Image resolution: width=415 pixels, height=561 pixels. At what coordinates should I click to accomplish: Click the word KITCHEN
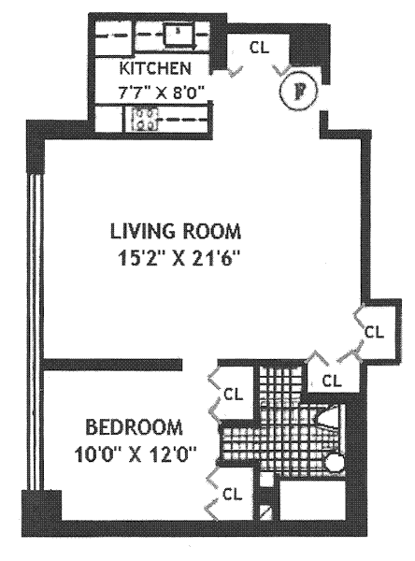coord(155,68)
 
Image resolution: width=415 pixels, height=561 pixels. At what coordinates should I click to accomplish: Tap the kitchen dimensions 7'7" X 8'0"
coord(161,94)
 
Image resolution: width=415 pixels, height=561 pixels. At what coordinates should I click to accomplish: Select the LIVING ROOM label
coord(176,231)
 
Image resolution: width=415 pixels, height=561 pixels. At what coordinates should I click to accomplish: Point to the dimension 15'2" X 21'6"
coord(178,258)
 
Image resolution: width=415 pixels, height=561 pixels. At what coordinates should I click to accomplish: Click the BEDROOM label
coord(135,427)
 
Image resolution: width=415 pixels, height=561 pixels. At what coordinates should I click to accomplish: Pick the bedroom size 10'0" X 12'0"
coord(136,454)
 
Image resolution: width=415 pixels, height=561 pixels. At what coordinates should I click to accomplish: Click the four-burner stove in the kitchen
coord(145,119)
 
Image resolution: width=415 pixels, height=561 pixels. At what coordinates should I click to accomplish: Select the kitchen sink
coord(179,36)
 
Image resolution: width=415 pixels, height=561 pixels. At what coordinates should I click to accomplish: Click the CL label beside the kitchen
coord(259,48)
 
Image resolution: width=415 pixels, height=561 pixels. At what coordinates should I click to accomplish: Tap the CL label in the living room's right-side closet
coord(374,332)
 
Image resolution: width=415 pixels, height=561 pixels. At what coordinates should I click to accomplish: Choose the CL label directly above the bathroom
coord(332,381)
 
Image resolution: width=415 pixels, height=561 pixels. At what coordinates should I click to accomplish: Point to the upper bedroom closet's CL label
coord(233,395)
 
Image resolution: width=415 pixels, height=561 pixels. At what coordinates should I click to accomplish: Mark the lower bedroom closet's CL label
coord(232,495)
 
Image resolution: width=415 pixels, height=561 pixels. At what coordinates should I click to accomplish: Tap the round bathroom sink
coord(335,463)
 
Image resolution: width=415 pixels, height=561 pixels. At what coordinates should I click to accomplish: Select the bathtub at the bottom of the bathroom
coord(312,500)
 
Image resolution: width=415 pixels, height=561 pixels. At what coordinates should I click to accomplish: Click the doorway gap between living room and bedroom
coord(200,365)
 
